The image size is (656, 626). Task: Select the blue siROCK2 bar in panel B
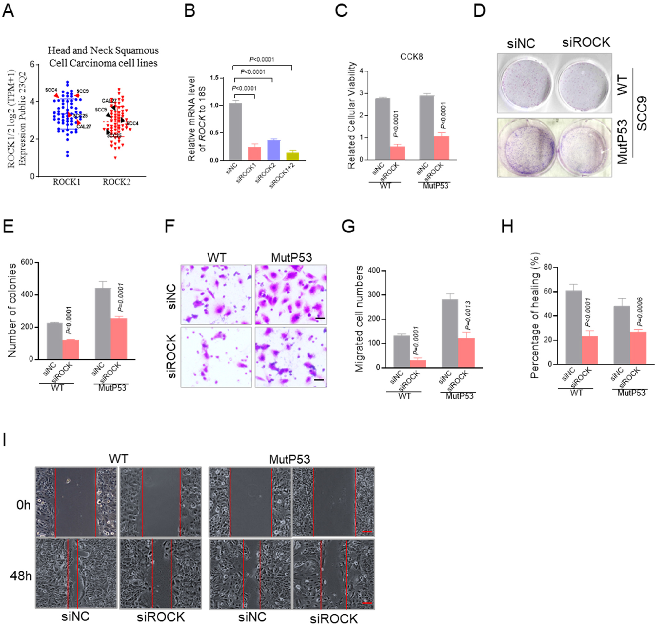pos(273,150)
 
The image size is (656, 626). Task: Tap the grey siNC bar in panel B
pos(236,132)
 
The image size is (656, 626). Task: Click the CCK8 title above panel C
pos(411,57)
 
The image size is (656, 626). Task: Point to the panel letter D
pos(479,11)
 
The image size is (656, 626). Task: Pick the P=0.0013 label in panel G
pos(468,315)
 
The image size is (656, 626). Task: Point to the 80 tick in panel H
pos(547,267)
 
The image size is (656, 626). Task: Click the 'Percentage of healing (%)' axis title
pos(535,315)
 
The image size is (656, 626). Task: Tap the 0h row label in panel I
pos(23,505)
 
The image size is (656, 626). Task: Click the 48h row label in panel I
pos(21,576)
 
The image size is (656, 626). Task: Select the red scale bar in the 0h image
pos(367,531)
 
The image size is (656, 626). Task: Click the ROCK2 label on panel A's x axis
pos(116,182)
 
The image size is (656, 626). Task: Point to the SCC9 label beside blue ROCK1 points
pos(82,91)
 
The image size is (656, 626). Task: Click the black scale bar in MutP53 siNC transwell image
pos(320,318)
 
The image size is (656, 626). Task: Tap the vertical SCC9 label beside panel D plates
pos(642,113)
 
